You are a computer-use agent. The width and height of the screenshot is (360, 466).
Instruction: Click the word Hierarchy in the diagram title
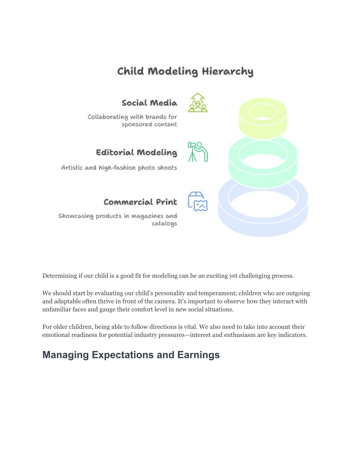coord(227,72)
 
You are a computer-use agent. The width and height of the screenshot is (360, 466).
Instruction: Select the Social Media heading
coord(149,103)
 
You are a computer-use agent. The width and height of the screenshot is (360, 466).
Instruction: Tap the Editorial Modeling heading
coord(136,153)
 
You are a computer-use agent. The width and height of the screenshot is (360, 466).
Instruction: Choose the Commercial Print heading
coord(140,202)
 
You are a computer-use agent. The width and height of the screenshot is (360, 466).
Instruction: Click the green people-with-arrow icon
coord(198,102)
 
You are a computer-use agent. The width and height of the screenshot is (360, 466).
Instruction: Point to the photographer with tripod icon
coord(198,152)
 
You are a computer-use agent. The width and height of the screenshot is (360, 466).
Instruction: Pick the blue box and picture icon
coord(198,202)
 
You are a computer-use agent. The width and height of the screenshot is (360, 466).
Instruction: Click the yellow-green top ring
coord(263,129)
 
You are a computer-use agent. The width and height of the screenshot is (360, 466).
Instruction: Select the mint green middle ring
coord(263,178)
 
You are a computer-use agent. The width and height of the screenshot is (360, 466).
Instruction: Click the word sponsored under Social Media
coord(137,125)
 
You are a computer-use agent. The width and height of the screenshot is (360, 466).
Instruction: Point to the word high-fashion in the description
coord(117,168)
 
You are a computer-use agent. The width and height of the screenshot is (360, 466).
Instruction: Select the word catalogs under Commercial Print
coord(165,224)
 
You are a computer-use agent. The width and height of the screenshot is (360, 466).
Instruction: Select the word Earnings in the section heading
coord(198,355)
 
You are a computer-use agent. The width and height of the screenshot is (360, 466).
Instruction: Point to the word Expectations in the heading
coord(123,355)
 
